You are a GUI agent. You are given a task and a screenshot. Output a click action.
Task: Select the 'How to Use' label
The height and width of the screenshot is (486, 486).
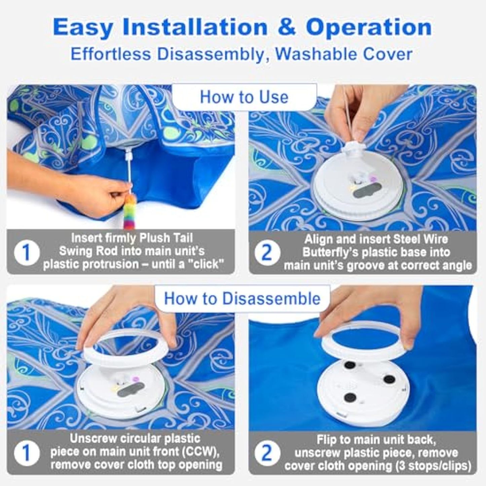point(244,97)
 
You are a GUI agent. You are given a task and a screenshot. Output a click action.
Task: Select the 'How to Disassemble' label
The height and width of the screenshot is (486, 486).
point(242,299)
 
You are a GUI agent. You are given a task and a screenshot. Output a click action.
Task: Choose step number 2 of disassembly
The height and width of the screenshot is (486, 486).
point(267,453)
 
